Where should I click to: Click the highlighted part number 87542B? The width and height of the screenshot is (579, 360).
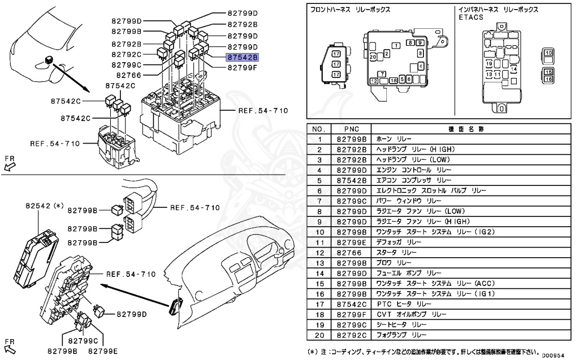(242, 57)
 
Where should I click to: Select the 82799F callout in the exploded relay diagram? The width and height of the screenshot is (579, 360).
(242, 67)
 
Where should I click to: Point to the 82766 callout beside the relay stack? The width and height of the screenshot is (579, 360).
(128, 75)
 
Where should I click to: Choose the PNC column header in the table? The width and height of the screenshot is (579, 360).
(351, 129)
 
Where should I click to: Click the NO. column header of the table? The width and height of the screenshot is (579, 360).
(319, 129)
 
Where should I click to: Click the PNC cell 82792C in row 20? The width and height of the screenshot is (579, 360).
(351, 335)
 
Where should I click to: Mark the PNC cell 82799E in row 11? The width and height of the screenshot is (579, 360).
(351, 242)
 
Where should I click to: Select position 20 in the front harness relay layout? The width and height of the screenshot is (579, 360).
(373, 57)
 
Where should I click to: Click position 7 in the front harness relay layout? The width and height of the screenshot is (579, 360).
(383, 74)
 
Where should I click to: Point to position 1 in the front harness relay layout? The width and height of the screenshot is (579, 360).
(397, 45)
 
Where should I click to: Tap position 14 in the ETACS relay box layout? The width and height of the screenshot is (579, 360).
(513, 68)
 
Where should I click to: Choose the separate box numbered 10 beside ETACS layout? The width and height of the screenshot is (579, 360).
(548, 53)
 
